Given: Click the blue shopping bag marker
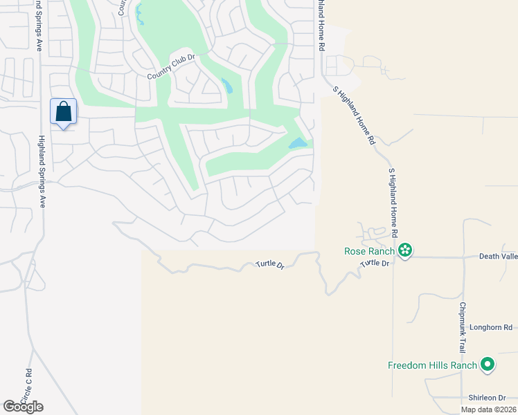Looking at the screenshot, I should tap(63, 112).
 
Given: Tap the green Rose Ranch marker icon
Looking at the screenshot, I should tap(405, 250).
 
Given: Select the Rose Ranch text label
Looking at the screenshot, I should tap(369, 251).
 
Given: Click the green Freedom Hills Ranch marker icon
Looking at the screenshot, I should tap(488, 364).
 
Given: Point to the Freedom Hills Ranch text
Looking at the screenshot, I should tap(433, 365).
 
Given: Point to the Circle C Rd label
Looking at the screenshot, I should tap(27, 387).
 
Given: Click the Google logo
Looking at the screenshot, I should tap(23, 407).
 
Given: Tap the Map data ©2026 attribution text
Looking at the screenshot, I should tap(489, 409).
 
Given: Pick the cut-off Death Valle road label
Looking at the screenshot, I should tap(498, 256).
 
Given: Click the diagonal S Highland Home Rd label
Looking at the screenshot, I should tap(354, 116).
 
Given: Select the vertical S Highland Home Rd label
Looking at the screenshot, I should tap(393, 201).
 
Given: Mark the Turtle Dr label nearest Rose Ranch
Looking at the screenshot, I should tap(375, 264).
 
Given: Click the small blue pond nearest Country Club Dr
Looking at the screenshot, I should tap(226, 86).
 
